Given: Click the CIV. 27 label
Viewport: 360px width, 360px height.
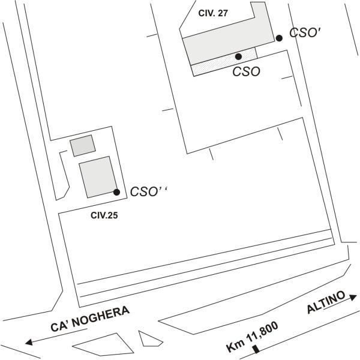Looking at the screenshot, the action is [213, 13].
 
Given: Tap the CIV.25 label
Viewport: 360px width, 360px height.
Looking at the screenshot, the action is [104, 215].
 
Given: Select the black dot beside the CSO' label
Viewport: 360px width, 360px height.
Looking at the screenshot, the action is [279, 38].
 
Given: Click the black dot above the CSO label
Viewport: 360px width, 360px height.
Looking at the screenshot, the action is [239, 56].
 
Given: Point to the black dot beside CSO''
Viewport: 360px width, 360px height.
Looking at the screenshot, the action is [116, 192].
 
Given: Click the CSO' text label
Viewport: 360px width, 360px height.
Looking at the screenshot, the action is [305, 33].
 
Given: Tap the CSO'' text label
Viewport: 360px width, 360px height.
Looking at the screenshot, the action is [149, 191].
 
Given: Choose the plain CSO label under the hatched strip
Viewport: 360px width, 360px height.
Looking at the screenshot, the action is [247, 71].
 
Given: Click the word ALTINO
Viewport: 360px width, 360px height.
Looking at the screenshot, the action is [326, 302].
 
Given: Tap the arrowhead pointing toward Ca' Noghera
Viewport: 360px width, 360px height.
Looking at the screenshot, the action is [29, 343].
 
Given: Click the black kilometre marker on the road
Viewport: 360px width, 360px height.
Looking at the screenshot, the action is [256, 349].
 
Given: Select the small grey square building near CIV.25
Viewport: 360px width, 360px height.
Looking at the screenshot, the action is [83, 146].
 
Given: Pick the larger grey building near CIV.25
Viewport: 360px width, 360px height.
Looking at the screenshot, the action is [98, 177].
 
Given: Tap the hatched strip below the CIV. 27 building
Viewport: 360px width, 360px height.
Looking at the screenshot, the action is [224, 62].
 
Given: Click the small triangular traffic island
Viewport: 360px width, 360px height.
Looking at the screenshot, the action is [149, 339].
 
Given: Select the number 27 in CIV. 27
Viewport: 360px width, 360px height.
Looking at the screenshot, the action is [223, 13].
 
